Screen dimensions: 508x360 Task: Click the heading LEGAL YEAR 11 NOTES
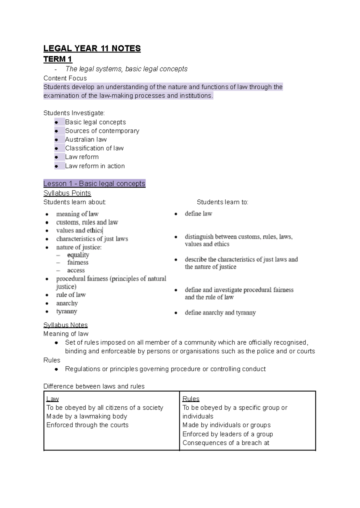[x=92, y=49]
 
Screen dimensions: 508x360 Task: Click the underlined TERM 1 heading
[x=58, y=59]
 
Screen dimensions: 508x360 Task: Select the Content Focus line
[x=65, y=78]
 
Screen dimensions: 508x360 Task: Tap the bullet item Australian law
[x=86, y=139]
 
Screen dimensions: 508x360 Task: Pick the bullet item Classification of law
[x=94, y=148]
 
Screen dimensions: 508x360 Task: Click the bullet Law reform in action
[x=95, y=166]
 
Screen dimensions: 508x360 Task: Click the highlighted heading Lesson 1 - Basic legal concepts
[x=94, y=184]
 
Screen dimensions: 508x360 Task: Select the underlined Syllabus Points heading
[x=67, y=193]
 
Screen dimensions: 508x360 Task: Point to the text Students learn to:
[x=222, y=202]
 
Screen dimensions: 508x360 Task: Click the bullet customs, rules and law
[x=87, y=222]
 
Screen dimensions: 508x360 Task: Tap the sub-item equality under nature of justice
[x=78, y=255]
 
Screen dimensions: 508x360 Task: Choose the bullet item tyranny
[x=67, y=311]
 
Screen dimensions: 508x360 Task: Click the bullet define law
[x=198, y=214]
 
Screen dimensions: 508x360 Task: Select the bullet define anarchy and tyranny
[x=220, y=312]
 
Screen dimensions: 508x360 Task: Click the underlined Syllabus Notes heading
[x=65, y=325]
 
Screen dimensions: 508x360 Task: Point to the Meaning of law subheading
[x=66, y=334]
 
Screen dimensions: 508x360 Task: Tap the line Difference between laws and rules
[x=94, y=386]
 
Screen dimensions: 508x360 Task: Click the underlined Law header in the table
[x=52, y=399]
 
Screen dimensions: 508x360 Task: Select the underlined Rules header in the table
[x=191, y=399]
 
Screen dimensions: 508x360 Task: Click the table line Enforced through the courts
[x=87, y=425]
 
